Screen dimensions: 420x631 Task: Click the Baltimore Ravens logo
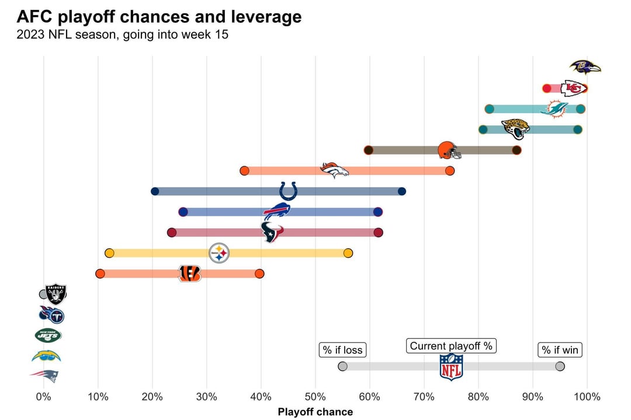coord(585,68)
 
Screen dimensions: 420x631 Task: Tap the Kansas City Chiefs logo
coord(573,88)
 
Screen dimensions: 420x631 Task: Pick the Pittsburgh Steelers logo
coord(219,253)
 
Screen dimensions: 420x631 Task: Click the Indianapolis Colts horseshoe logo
coord(288,191)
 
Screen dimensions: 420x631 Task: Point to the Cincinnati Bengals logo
coord(189,273)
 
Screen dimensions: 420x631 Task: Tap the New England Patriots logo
coord(45,376)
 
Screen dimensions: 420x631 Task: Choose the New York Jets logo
coord(48,335)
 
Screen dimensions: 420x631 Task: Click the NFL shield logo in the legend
coord(451,367)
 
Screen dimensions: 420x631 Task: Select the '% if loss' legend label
coord(342,350)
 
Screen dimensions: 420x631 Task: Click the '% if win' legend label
coord(560,350)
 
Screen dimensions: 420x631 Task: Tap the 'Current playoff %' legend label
coord(451,346)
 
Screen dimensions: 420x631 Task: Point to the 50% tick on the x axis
coord(315,397)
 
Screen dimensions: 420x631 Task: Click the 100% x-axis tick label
coord(587,397)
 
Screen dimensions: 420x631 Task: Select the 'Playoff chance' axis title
coord(315,412)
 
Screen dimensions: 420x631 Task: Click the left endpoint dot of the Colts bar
coord(155,191)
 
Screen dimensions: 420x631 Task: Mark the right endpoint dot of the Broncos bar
coord(449,171)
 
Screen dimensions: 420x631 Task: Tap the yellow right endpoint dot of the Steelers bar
coord(348,253)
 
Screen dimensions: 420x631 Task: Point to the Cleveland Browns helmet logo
coord(449,150)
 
